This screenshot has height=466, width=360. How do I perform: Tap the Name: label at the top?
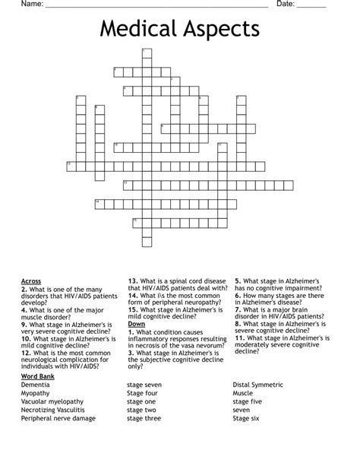30,5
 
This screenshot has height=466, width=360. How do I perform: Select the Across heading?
32,281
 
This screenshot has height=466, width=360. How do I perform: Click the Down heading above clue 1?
137,324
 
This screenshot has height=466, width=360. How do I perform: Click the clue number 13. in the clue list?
133,281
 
